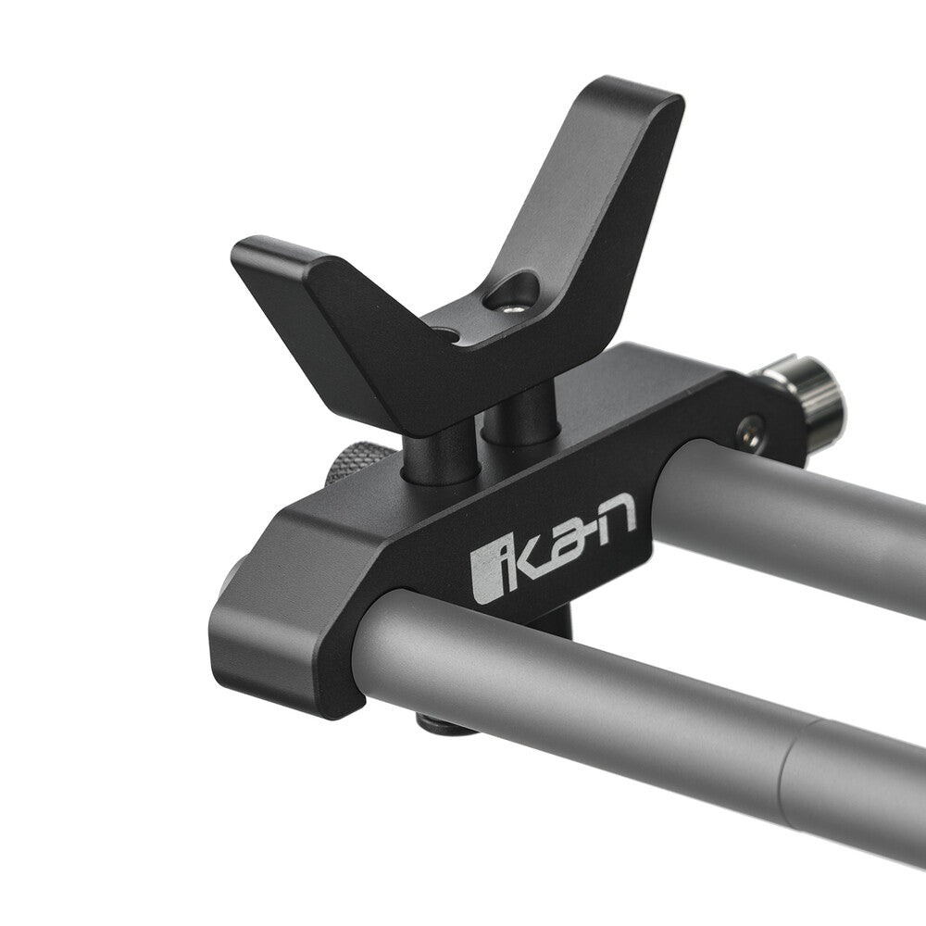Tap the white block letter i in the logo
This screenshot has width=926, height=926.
487,575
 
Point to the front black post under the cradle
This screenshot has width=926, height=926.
440,454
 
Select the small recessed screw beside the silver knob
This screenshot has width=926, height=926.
749,429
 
